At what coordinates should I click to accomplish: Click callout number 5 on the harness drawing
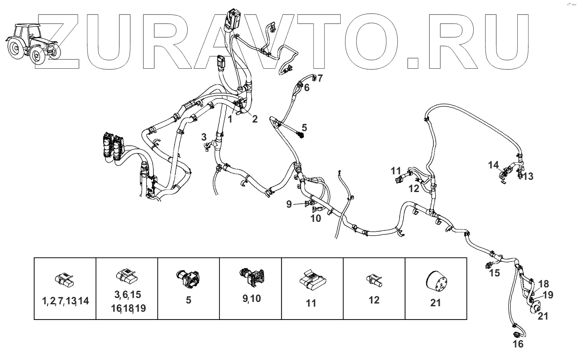click(x=304, y=127)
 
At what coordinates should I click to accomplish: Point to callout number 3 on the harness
click(x=204, y=137)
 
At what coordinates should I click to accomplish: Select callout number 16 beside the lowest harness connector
click(x=518, y=344)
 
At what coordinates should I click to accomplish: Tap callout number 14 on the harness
click(x=493, y=165)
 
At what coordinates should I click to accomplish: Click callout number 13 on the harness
click(x=528, y=176)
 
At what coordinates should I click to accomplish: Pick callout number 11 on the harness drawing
click(x=396, y=171)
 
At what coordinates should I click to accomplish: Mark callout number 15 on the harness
click(x=495, y=272)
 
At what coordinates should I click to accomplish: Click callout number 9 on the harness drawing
click(x=289, y=204)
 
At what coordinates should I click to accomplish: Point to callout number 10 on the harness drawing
click(x=316, y=218)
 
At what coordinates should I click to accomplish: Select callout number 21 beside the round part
click(x=542, y=316)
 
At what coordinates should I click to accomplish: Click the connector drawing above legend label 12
click(x=374, y=280)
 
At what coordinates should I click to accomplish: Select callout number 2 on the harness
click(x=255, y=119)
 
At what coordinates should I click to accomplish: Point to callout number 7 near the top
click(x=320, y=78)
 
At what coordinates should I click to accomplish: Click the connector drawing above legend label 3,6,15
click(x=126, y=276)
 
